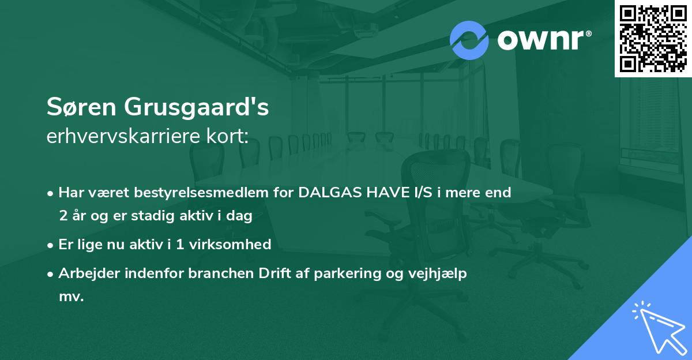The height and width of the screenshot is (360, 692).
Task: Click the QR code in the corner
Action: coord(652,38)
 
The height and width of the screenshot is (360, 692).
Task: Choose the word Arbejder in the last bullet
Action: coord(87,273)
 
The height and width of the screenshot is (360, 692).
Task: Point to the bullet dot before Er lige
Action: coord(51,245)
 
